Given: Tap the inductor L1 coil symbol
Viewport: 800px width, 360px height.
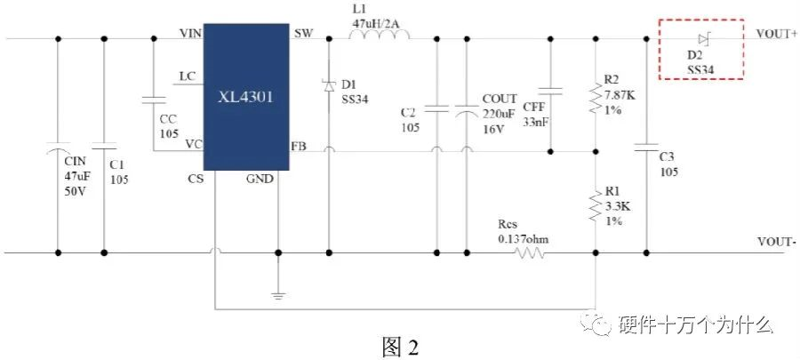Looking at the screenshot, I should pyautogui.click(x=380, y=36).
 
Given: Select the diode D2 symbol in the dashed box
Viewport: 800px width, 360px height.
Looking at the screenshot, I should pyautogui.click(x=703, y=38).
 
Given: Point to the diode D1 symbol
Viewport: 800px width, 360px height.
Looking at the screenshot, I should pyautogui.click(x=328, y=85).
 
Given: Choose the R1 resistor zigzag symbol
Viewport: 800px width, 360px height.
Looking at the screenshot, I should pyautogui.click(x=594, y=206).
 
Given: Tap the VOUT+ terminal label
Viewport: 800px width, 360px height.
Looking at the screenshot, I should pyautogui.click(x=777, y=33).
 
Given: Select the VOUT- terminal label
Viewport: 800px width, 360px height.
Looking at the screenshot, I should pyautogui.click(x=777, y=242).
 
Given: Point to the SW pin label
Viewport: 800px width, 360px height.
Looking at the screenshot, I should pyautogui.click(x=302, y=33).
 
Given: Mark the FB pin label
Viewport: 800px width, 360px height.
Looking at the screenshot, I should pyautogui.click(x=300, y=145).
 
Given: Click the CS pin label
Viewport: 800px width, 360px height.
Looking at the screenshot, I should pyautogui.click(x=195, y=180).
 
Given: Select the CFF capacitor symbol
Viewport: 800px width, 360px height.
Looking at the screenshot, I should pyautogui.click(x=551, y=90).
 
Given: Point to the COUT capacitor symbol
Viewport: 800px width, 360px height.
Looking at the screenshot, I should pyautogui.click(x=466, y=110).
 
